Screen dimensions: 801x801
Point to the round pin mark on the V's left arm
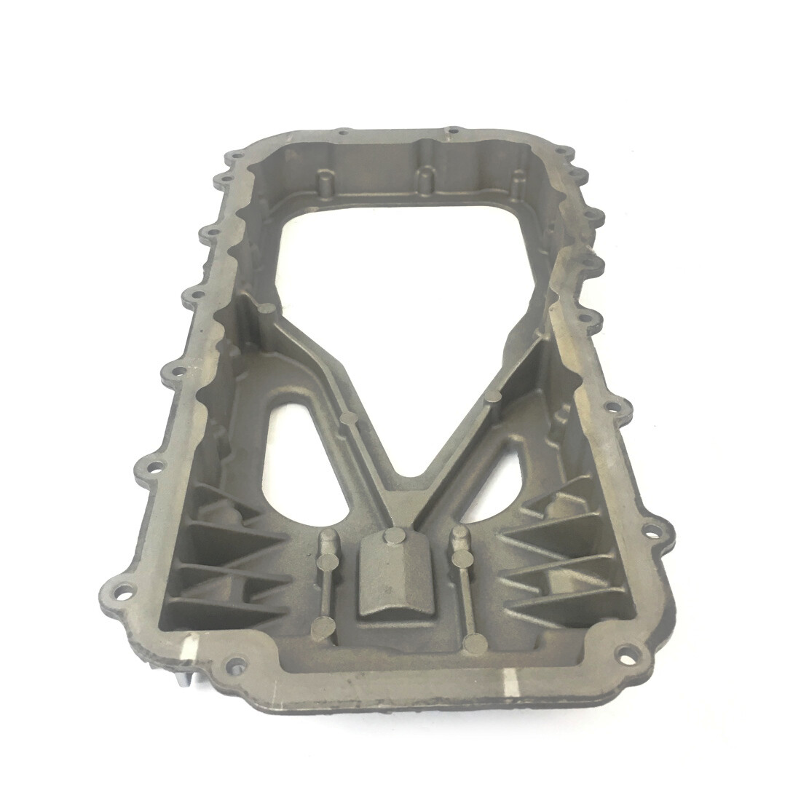(347, 419)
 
